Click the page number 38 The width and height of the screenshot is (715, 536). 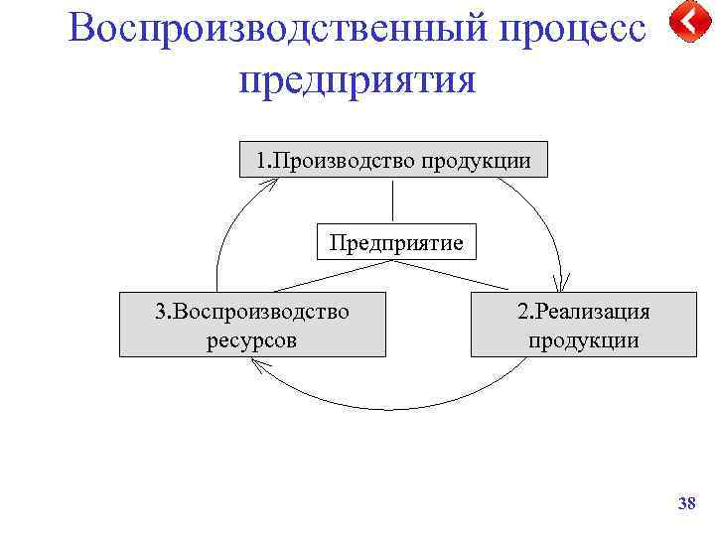[x=686, y=505]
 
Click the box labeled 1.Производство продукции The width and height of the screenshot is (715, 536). [x=393, y=160]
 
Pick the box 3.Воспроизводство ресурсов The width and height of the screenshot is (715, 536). [x=252, y=325]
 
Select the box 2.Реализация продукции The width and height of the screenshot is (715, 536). [x=583, y=325]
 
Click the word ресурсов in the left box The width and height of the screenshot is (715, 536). [x=252, y=340]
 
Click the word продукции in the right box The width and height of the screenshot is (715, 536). [x=583, y=340]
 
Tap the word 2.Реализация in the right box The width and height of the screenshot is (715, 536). [x=583, y=311]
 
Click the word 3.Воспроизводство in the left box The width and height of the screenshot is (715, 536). [x=252, y=311]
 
